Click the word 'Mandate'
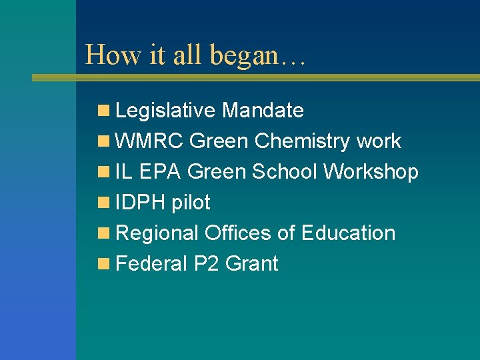263,110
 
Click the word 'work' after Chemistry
379,141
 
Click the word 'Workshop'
371,172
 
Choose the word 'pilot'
191,203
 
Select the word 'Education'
348,233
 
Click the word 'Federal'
151,264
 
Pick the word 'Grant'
252,264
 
